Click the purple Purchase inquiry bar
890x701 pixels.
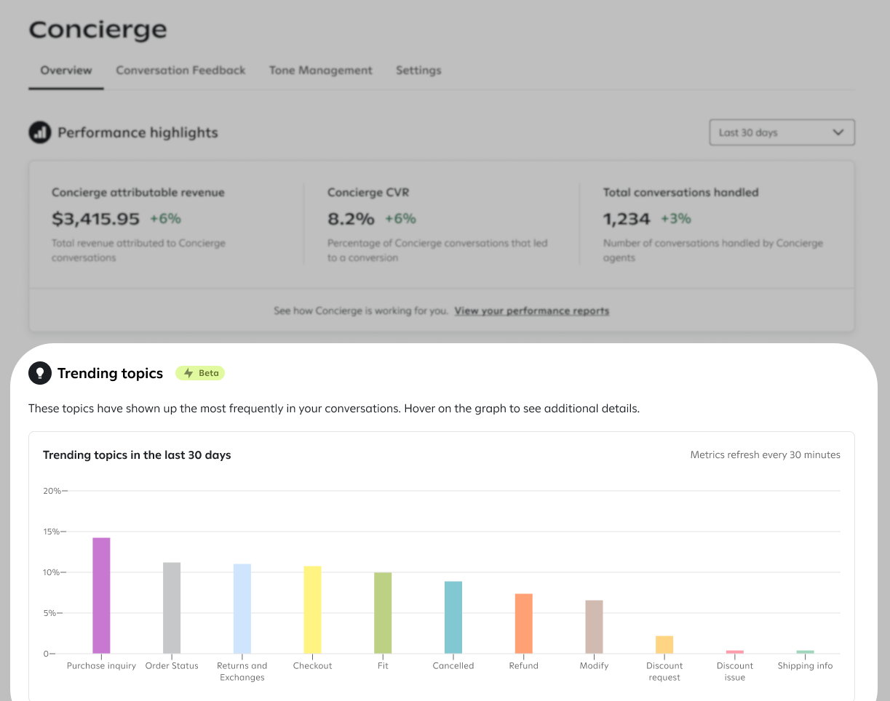pos(101,596)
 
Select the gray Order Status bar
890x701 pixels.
pos(172,608)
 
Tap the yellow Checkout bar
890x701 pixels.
pos(313,609)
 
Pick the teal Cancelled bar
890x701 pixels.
pos(453,617)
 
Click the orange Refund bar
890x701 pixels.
pos(523,624)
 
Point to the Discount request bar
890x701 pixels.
pos(664,645)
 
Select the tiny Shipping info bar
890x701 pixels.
pos(805,652)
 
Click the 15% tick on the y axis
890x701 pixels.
pos(63,532)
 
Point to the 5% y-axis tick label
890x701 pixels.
pos(49,613)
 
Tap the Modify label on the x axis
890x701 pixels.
pos(594,666)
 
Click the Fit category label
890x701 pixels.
pos(383,666)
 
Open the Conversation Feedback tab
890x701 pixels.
pos(180,71)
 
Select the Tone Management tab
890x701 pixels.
pos(321,71)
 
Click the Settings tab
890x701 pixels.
pos(418,71)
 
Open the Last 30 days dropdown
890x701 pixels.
pos(782,132)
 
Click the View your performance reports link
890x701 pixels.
pos(532,311)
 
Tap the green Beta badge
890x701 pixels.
pos(200,373)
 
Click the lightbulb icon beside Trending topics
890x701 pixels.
pos(40,373)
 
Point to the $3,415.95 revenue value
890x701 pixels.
pos(95,219)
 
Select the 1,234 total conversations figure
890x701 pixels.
pos(627,219)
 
